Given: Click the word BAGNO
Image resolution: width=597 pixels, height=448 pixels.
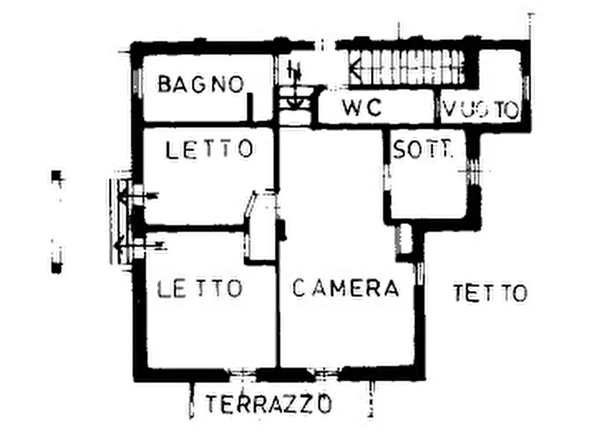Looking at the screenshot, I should tap(200, 85).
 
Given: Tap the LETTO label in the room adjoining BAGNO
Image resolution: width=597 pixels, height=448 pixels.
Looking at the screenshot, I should tap(209, 148).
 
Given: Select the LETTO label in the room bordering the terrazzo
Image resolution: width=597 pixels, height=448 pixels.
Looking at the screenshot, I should tap(200, 288).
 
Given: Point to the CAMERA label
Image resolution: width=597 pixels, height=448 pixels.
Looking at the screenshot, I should tap(346, 288).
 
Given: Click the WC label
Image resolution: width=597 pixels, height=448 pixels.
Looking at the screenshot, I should tap(362, 107).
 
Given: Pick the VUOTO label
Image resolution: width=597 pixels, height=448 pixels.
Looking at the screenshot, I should tap(481, 110).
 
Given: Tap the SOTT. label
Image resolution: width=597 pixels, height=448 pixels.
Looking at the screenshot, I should tap(423, 150).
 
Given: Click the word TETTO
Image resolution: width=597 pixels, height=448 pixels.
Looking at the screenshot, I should tap(490, 293).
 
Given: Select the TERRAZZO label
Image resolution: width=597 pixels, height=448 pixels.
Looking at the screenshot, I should tap(269, 404).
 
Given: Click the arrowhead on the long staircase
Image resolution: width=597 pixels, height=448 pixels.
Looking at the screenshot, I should tap(356, 67).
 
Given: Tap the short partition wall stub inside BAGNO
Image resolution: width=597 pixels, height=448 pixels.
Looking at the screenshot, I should tap(250, 107).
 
